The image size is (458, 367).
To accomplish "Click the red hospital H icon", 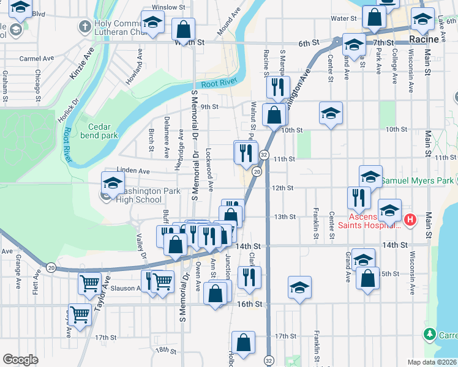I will (411, 218).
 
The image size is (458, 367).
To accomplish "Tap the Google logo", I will (20, 360).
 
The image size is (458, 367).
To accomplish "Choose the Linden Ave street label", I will (134, 172).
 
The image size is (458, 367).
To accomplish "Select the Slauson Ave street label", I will (125, 288).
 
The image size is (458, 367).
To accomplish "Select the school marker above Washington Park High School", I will (113, 183).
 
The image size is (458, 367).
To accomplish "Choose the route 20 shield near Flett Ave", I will (50, 267).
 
